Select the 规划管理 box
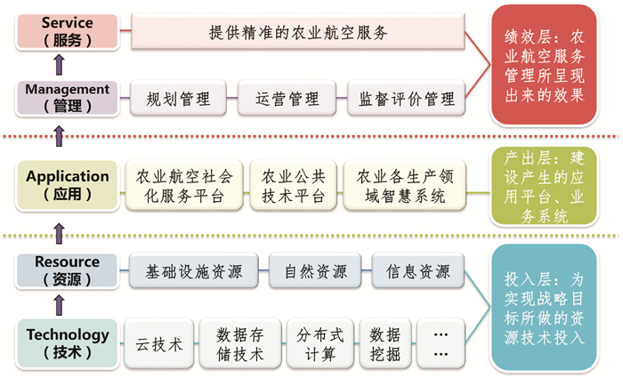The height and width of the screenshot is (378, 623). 178,98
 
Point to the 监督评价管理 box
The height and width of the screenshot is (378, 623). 406,98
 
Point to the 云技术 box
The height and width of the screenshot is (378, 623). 159,343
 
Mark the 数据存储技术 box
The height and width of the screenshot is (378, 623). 239,343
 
